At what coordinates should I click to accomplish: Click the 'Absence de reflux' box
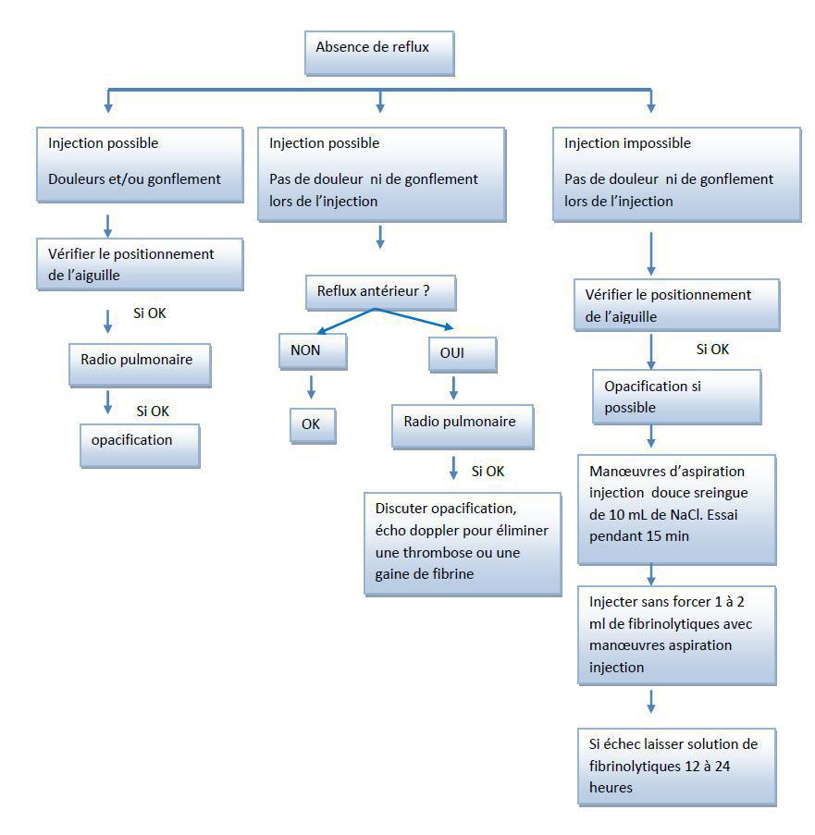[x=379, y=53]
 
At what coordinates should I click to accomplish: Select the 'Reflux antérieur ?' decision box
[x=380, y=293]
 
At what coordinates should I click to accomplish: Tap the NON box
[x=312, y=352]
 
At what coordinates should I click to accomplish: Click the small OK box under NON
[x=311, y=425]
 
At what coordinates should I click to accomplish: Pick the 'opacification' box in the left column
[x=139, y=445]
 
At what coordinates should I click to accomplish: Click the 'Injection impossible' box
[x=675, y=174]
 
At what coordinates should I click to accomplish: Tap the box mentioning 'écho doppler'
[x=463, y=543]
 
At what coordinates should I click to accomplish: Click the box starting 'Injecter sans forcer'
[x=676, y=634]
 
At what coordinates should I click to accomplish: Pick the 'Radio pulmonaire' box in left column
[x=140, y=363]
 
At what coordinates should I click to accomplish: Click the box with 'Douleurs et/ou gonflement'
[x=140, y=164]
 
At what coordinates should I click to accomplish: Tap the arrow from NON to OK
[x=311, y=387]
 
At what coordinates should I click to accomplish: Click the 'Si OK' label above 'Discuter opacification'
[x=488, y=472]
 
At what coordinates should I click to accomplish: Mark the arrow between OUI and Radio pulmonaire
[x=454, y=387]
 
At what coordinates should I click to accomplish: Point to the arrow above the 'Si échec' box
[x=651, y=702]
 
